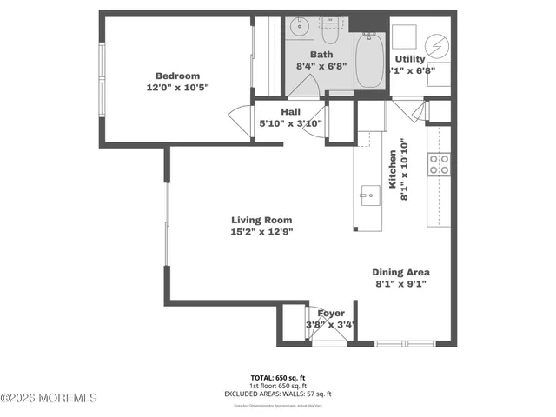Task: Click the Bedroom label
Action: coord(177,76)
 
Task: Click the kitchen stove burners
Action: coord(439,165)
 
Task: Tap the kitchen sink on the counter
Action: coord(367,194)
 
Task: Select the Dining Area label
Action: coord(401,272)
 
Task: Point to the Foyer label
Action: coord(331,313)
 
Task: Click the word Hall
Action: coord(291,111)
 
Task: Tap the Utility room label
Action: coord(410,59)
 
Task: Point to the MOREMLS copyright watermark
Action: coord(50,399)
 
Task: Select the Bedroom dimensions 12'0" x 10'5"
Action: coord(177,88)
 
